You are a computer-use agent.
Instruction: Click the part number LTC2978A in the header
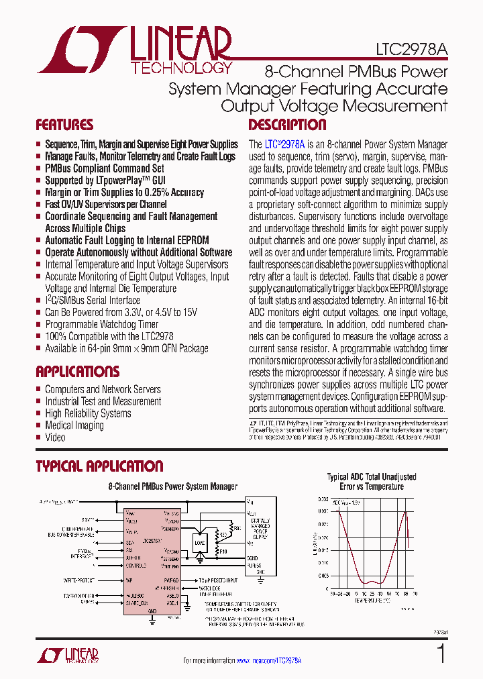pos(411,50)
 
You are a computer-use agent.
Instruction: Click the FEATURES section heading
pos(64,125)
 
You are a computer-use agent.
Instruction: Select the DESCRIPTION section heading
pos(287,125)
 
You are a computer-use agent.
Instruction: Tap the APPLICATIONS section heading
pos(77,372)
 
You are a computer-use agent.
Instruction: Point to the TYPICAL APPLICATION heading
pos(99,466)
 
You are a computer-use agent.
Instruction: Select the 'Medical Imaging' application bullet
pos(74,425)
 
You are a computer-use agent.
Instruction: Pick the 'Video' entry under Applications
pos(55,437)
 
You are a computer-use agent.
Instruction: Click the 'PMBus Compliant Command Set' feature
pos(104,168)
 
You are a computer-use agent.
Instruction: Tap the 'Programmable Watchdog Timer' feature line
pos(101,325)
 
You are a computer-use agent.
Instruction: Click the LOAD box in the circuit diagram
pos(200,541)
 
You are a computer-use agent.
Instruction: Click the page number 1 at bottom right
pos(441,654)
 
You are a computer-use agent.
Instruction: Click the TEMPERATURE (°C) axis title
pos(370,601)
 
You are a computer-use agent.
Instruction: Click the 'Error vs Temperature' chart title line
pos(371,486)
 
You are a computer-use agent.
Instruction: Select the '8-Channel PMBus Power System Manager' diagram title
pos(172,486)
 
